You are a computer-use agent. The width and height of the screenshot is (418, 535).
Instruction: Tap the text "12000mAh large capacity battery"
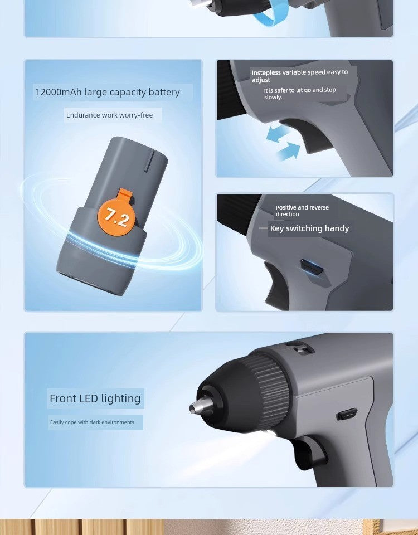click(x=108, y=92)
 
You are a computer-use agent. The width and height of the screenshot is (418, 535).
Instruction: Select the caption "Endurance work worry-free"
click(x=109, y=115)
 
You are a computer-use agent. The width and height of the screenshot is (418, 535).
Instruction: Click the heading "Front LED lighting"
click(x=95, y=398)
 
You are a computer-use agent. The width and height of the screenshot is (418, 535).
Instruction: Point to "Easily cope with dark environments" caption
click(x=92, y=422)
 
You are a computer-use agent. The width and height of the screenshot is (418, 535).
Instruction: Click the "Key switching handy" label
click(x=309, y=228)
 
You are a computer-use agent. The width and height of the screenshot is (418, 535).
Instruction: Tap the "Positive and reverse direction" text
click(x=302, y=211)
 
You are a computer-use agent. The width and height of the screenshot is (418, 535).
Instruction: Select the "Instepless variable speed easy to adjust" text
click(x=299, y=76)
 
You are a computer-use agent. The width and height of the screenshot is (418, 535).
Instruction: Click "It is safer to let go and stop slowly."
click(x=300, y=94)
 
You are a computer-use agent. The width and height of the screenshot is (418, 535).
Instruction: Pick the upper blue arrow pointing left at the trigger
click(x=277, y=134)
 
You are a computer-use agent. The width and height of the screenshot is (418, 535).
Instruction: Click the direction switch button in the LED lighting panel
click(x=347, y=415)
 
